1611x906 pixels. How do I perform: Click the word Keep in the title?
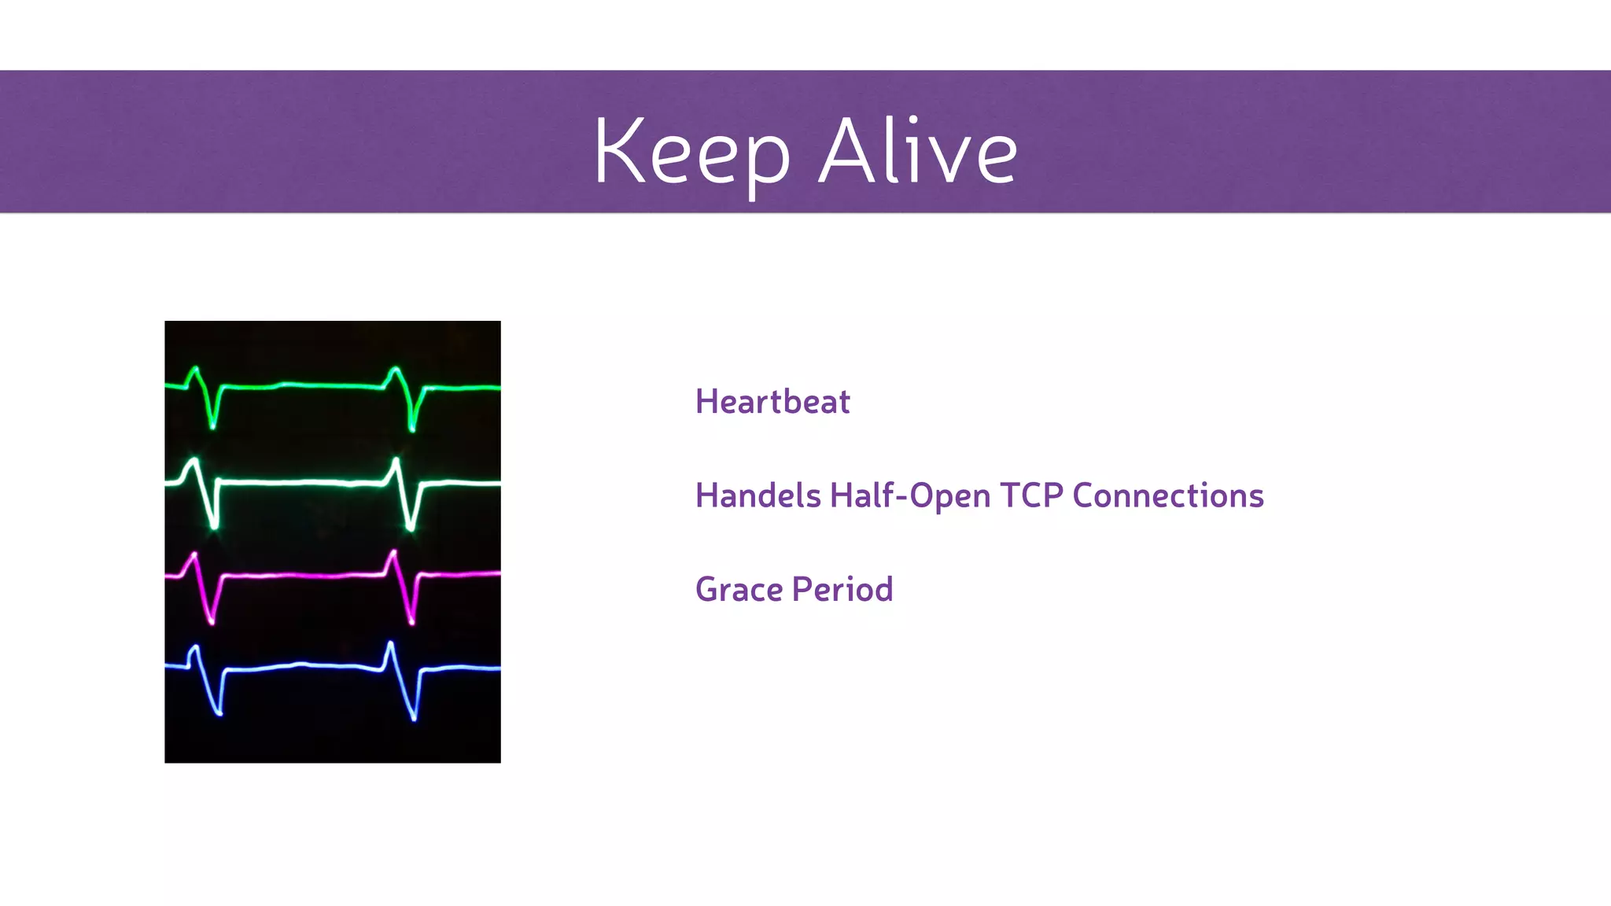click(691, 152)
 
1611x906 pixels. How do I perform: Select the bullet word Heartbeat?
click(772, 402)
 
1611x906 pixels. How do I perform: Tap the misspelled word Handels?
click(758, 495)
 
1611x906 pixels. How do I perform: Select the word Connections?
click(1167, 495)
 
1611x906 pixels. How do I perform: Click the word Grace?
click(739, 589)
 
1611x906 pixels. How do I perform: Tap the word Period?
click(842, 589)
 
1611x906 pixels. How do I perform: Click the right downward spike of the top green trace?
click(411, 417)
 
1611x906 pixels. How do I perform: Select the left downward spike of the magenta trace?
click(210, 610)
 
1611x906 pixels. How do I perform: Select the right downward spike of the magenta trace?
click(411, 610)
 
